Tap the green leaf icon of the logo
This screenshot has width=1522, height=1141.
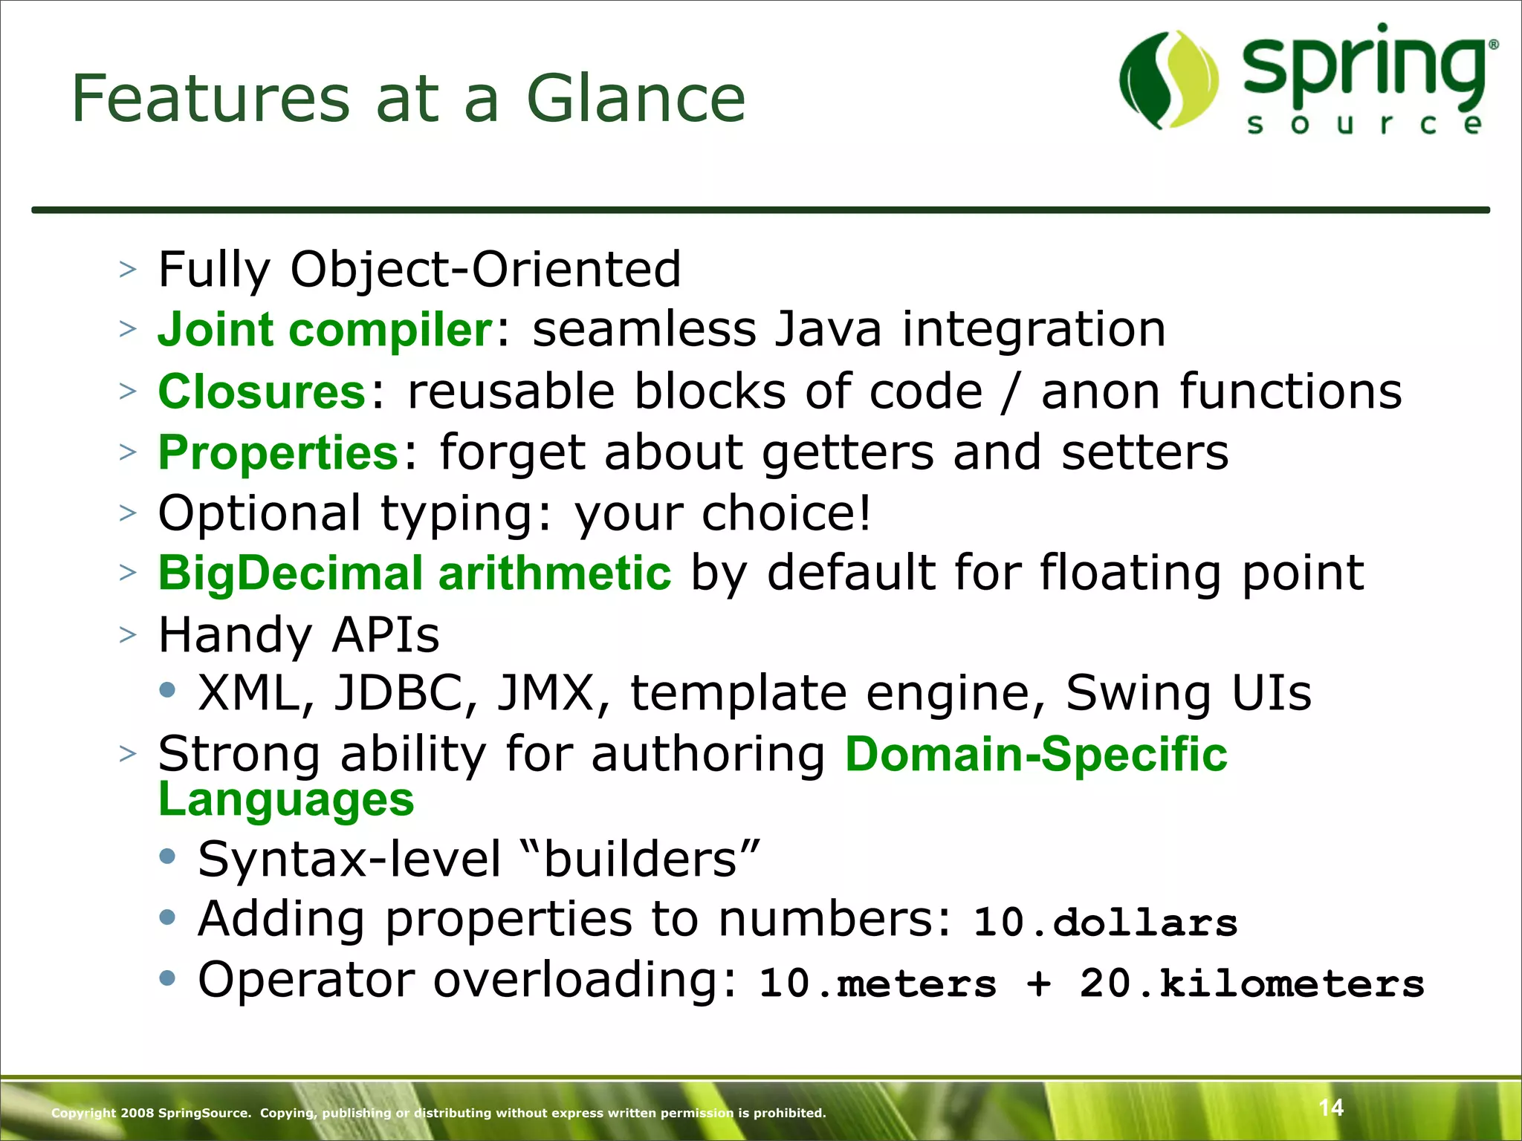(1168, 80)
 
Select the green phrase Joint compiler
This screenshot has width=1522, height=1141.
(325, 329)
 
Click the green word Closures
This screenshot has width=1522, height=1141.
(262, 391)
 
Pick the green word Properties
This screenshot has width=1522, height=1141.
(279, 452)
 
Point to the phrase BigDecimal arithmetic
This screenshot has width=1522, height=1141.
(415, 573)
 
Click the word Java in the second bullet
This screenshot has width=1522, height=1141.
(827, 329)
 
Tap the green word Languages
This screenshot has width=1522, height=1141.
(286, 799)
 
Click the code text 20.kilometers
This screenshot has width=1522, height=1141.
(1251, 984)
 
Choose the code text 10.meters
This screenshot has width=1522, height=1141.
(877, 984)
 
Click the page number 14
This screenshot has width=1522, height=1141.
(1330, 1108)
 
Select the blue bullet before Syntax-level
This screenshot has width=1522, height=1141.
(168, 856)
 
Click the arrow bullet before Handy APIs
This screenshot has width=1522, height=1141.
(128, 634)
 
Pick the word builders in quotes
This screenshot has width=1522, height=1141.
(640, 859)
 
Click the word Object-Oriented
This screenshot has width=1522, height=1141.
(485, 269)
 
